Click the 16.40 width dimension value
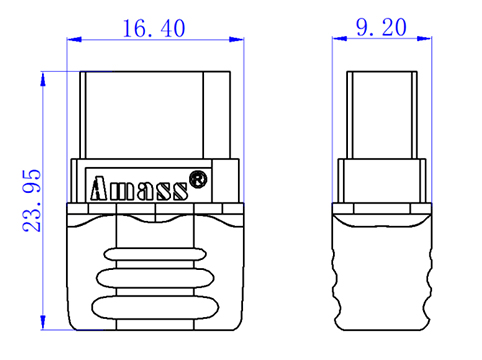tap(154, 28)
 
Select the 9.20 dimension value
tap(381, 27)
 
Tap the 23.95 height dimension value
tap(32, 201)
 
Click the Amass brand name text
tap(139, 188)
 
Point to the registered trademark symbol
tap(198, 179)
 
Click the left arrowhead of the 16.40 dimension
tap(74, 39)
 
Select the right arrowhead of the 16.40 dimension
tap(237, 39)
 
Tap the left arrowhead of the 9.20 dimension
tap(339, 38)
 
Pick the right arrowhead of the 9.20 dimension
tap(425, 38)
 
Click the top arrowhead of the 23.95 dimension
tap(43, 79)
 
